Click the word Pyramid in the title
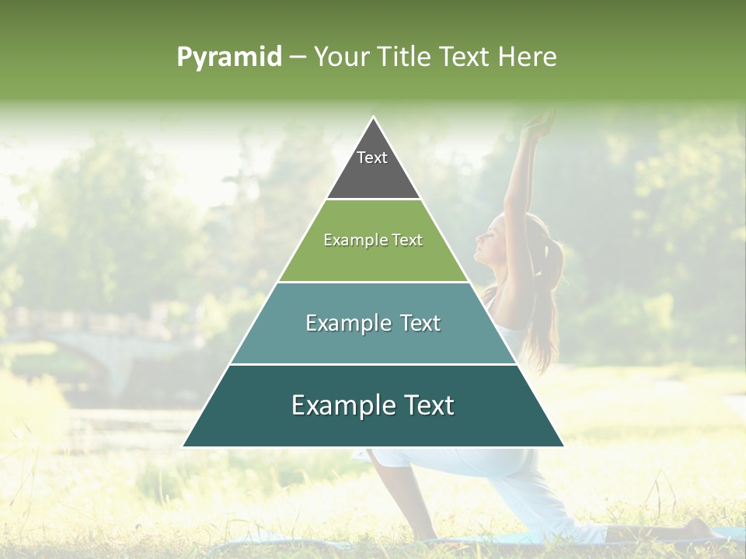228,57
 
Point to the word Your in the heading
340,57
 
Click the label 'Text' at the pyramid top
372,158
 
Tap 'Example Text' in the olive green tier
373,240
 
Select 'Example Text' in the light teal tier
373,323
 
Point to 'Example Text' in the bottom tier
373,405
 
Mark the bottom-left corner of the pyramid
184,446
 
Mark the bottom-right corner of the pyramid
563,446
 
